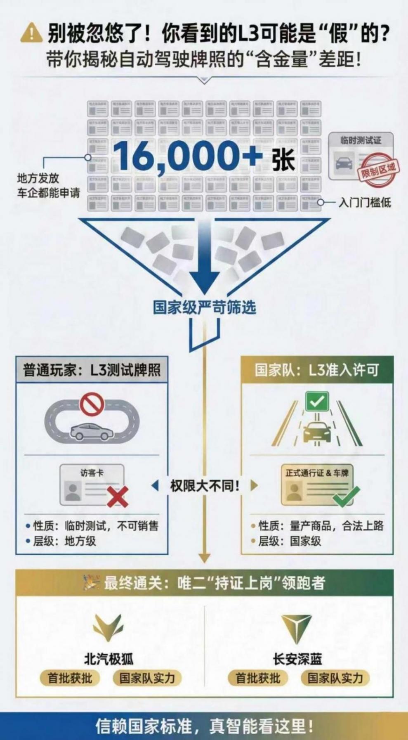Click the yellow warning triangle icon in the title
pyautogui.click(x=31, y=33)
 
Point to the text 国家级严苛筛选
pyautogui.click(x=204, y=307)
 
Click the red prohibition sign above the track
pyautogui.click(x=92, y=404)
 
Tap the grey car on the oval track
pyautogui.click(x=91, y=431)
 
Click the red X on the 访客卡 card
pyautogui.click(x=118, y=496)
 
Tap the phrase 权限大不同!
pyautogui.click(x=205, y=485)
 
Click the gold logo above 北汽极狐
pyautogui.click(x=108, y=628)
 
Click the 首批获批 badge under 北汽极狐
pyautogui.click(x=70, y=678)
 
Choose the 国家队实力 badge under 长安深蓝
pyautogui.click(x=335, y=678)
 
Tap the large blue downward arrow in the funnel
pyautogui.click(x=205, y=256)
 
